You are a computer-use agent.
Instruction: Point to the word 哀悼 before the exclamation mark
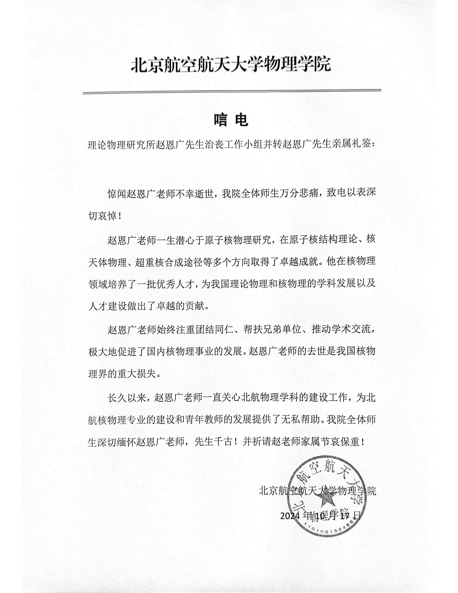(107, 216)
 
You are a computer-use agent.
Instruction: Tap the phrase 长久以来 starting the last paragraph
(127, 398)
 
